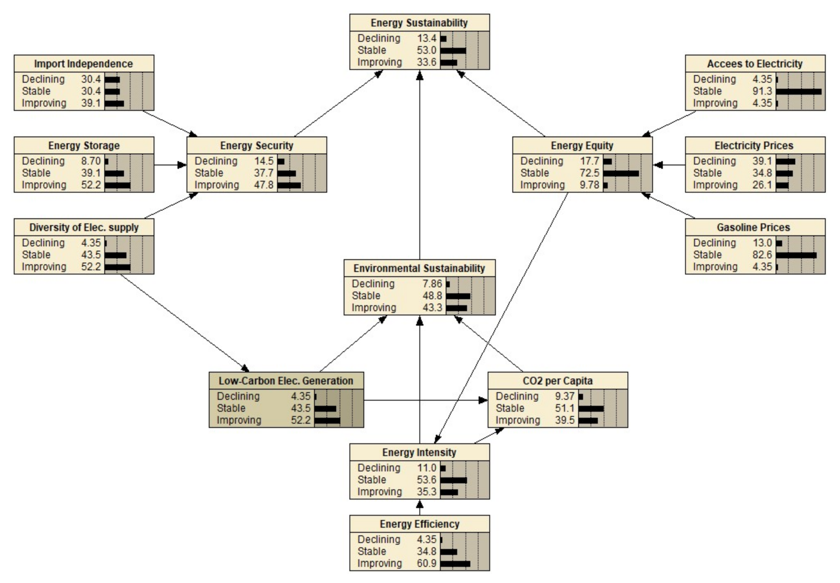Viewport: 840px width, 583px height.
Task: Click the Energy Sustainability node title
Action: point(419,23)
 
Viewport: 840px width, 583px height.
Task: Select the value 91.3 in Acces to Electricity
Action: point(762,91)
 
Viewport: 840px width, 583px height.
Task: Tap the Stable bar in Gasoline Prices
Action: point(796,255)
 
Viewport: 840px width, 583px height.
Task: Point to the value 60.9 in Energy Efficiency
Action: point(426,563)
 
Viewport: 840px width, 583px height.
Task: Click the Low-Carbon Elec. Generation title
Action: point(286,381)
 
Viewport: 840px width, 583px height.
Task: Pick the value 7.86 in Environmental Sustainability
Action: point(432,284)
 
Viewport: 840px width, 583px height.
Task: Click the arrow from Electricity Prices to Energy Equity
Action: point(669,165)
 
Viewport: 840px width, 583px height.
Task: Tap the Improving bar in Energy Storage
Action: point(117,185)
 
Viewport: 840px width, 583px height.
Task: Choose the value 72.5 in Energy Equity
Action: point(589,173)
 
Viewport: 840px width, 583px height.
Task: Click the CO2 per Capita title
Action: point(557,381)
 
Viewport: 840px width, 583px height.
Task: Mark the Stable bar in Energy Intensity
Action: point(453,480)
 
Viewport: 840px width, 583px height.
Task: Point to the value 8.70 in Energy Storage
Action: point(91,161)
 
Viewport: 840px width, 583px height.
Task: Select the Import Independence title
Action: point(83,64)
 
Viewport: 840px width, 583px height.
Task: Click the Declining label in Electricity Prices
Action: point(714,161)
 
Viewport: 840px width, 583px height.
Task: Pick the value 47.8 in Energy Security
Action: point(264,185)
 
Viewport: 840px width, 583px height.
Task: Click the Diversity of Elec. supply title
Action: point(84,227)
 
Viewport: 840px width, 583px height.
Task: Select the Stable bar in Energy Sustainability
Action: point(453,51)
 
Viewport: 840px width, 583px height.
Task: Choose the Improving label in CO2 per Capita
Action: point(517,420)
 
